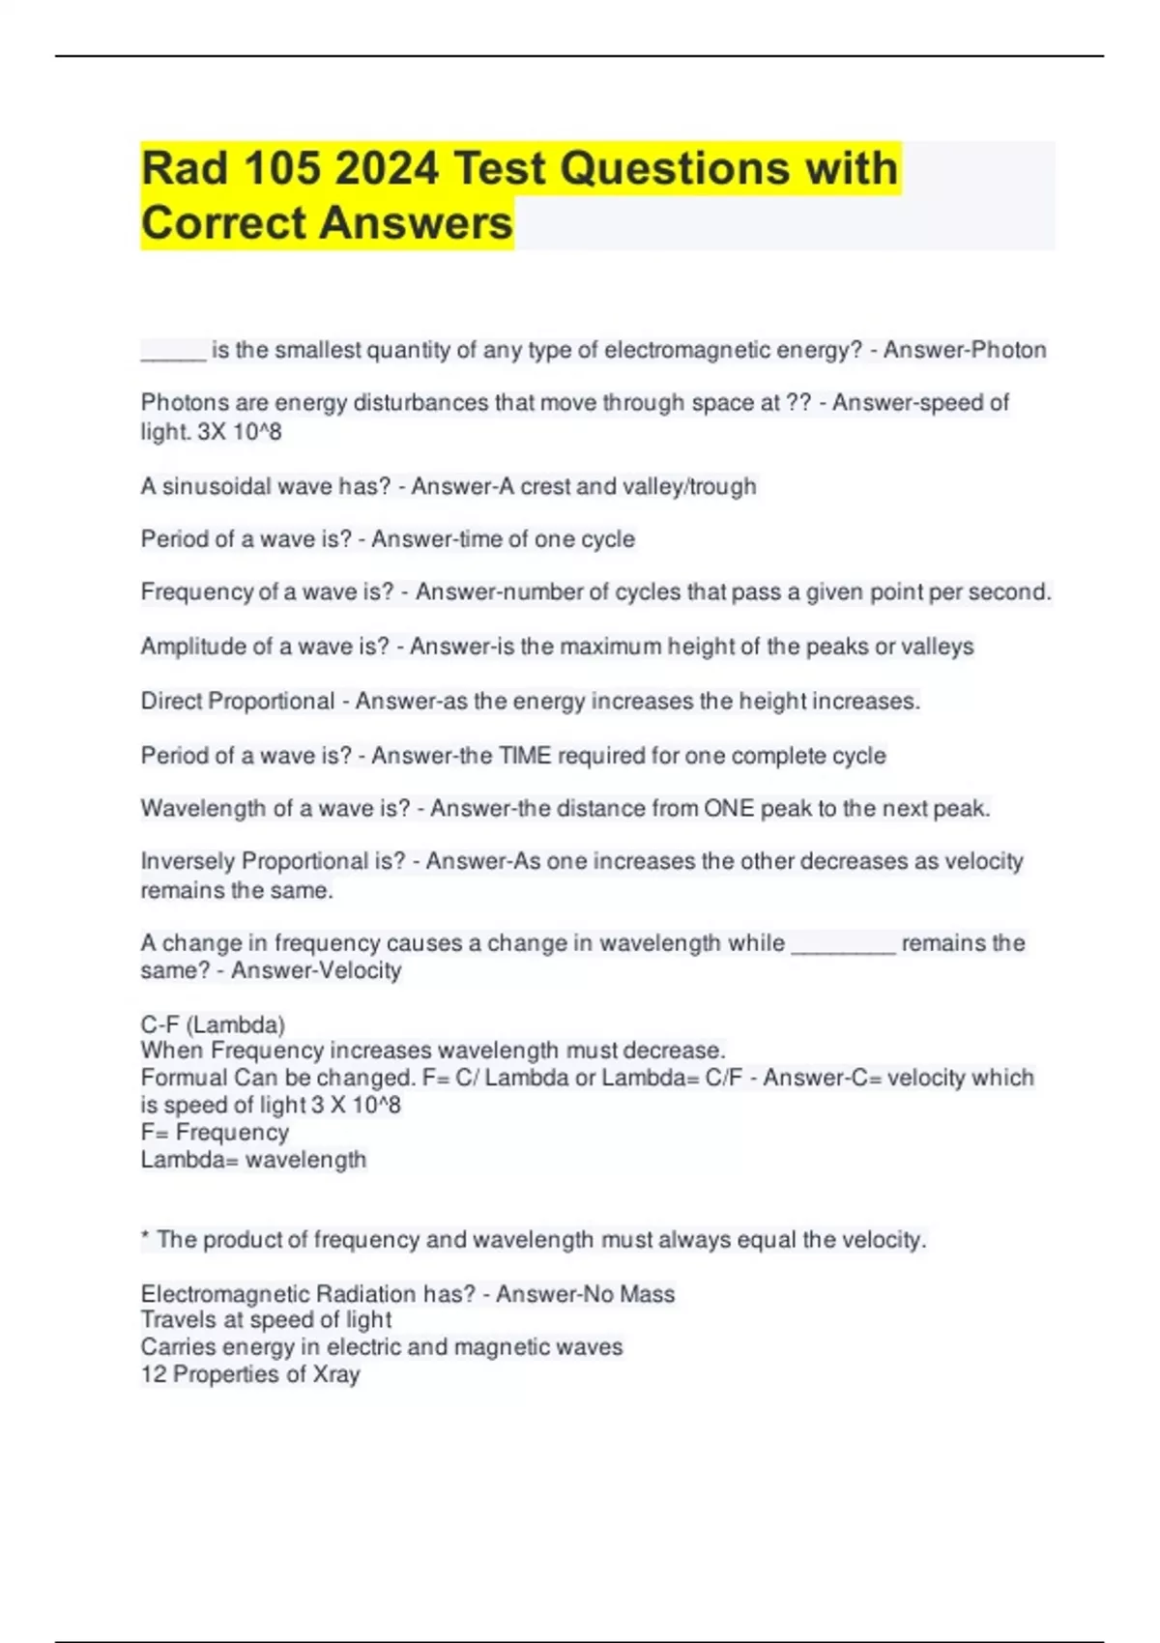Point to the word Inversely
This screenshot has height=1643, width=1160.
tap(188, 861)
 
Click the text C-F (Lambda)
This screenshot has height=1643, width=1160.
tap(213, 1024)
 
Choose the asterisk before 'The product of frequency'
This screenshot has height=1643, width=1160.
tap(145, 1237)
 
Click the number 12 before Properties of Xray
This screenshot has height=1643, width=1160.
tap(153, 1374)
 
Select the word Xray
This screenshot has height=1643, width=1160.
tap(335, 1374)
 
